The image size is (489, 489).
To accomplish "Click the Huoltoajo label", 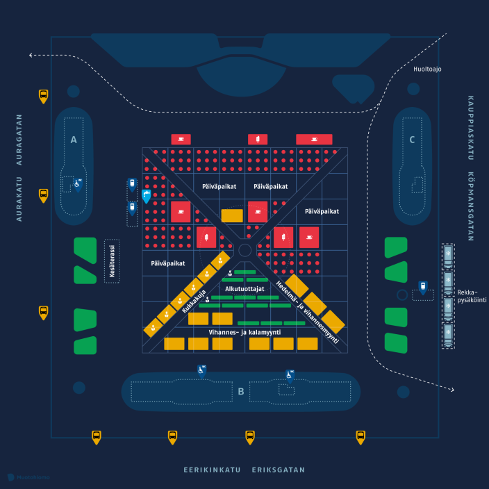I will pos(426,69).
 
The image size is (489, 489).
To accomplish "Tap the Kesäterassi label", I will pos(111,260).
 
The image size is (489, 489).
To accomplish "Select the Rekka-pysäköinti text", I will pos(472,295).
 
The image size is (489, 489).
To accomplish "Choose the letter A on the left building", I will pos(73,140).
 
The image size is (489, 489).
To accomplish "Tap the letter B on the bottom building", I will pos(241,392).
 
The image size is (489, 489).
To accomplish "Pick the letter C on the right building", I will pos(412,140).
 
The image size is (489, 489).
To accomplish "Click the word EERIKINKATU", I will pos(212,470).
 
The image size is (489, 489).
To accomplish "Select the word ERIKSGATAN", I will pos(279,470).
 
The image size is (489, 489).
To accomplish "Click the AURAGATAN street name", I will pos(19,138).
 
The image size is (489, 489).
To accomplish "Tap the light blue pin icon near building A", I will pos(146,196).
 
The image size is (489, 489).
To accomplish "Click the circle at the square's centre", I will pos(244,250).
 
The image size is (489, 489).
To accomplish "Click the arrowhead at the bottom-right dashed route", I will pos(451,390).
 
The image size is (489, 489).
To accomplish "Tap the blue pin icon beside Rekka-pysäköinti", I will pos(422,287).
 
